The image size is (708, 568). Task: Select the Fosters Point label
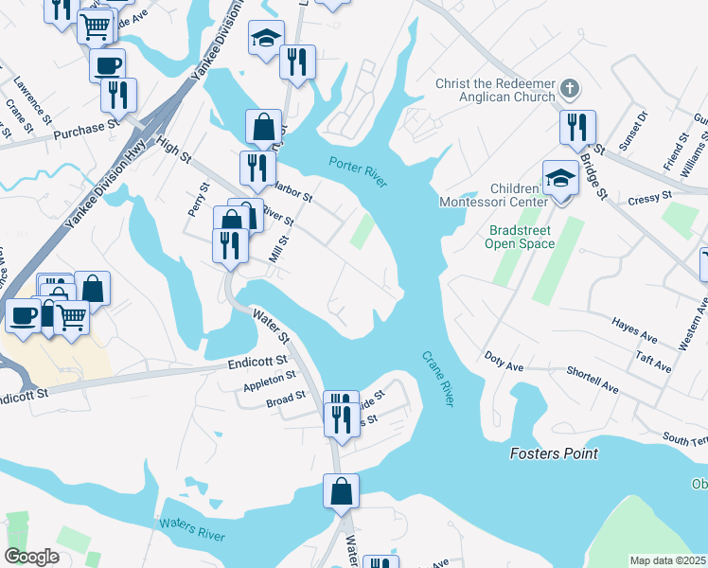tap(554, 453)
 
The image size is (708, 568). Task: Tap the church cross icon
tap(568, 89)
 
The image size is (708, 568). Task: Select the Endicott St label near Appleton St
tap(257, 363)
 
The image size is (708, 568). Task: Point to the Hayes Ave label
tap(634, 330)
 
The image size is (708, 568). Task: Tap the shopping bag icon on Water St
tap(341, 491)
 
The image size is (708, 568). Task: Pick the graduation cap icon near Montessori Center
tap(560, 177)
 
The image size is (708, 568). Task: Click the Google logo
tap(31, 557)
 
